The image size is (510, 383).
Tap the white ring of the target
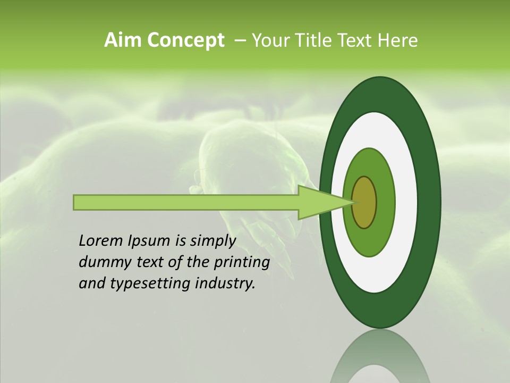(x=406, y=202)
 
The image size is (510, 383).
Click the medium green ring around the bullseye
(x=385, y=202)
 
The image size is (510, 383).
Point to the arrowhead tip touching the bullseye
(x=353, y=202)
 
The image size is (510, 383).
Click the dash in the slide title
(x=240, y=41)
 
